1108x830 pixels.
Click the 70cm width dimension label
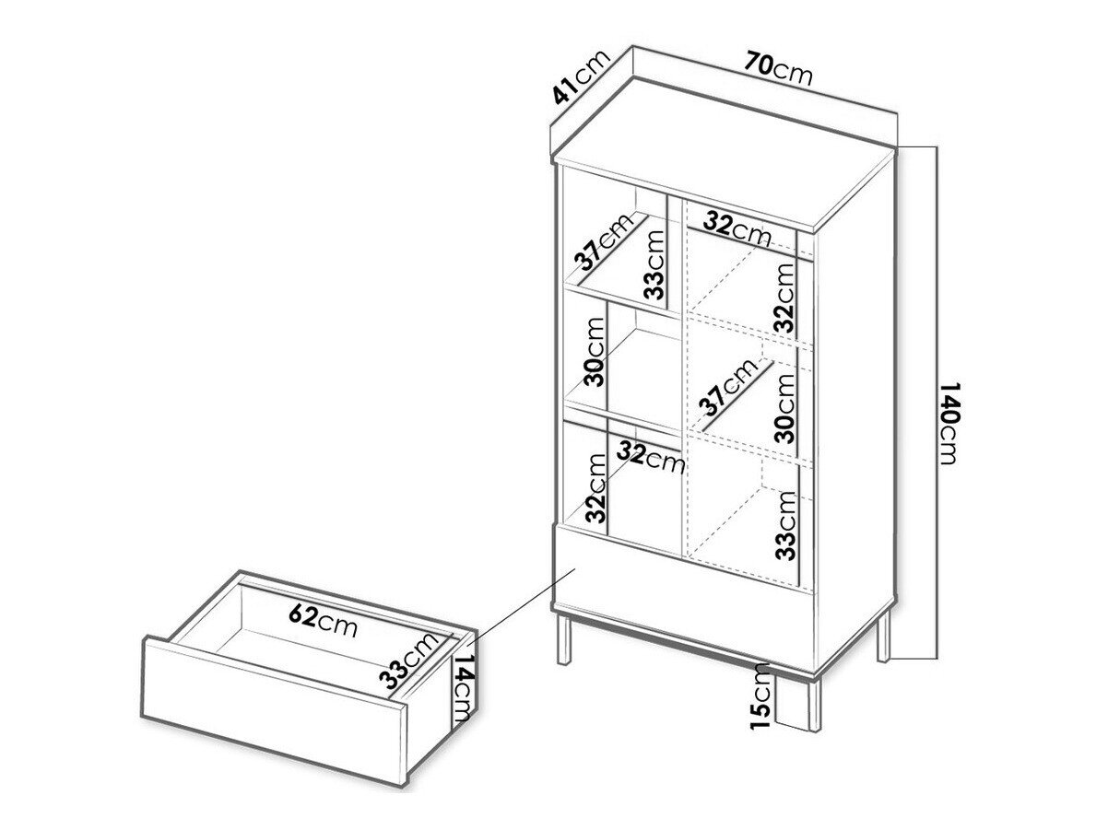[778, 69]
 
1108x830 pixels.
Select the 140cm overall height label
[948, 423]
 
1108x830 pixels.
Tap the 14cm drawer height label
[462, 691]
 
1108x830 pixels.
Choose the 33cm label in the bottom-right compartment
[785, 525]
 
